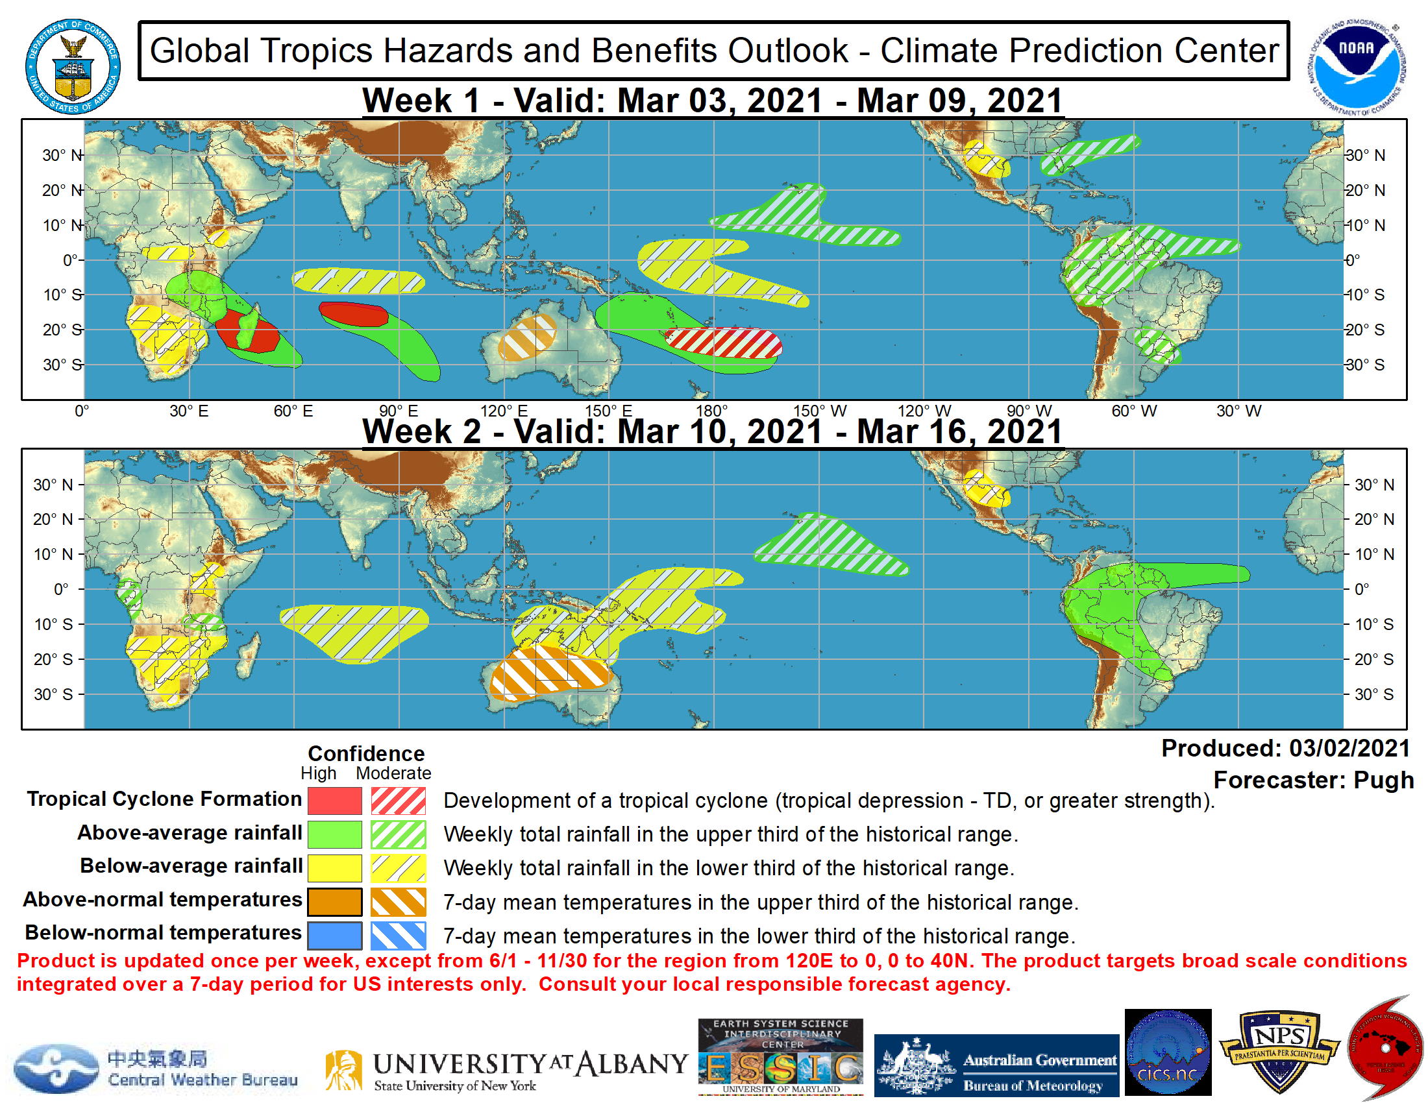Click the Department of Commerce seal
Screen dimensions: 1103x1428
73,66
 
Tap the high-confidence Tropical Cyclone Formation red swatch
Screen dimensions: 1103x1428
334,801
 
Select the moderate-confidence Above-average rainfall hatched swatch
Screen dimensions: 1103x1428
398,834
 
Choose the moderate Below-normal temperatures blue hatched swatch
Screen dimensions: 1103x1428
398,936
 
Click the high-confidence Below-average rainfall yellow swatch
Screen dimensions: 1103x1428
334,868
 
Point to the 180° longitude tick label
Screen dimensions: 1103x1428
711,411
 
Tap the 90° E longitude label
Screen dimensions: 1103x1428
398,411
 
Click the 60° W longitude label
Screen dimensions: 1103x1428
1134,411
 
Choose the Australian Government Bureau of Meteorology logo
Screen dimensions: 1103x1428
996,1066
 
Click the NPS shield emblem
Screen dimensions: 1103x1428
1279,1050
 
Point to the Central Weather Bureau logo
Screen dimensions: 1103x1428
157,1069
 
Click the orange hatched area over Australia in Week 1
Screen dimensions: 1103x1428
526,337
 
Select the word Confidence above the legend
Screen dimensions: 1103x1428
366,753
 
